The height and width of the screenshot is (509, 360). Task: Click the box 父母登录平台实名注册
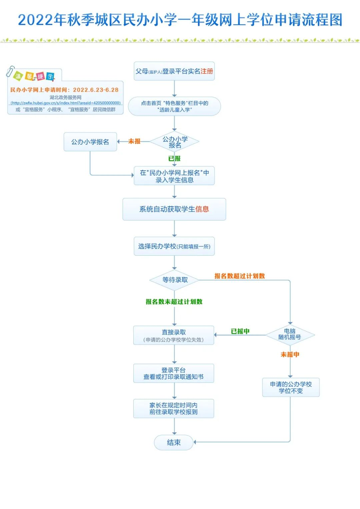(x=174, y=71)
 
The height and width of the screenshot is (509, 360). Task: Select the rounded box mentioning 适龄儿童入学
(x=174, y=106)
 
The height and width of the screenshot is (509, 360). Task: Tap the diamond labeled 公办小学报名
(x=175, y=142)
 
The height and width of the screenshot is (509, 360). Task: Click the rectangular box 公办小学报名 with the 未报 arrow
(x=90, y=142)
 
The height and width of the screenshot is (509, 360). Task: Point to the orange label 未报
(x=134, y=141)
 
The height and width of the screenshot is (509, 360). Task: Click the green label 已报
(x=174, y=159)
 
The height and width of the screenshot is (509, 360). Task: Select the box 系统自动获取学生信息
(x=174, y=209)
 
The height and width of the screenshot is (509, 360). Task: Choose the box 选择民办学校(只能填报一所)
(x=174, y=246)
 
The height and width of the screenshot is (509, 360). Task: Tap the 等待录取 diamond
(x=175, y=280)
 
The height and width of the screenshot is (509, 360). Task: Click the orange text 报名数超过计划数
(x=239, y=276)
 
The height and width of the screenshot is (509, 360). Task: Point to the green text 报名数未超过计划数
(x=174, y=302)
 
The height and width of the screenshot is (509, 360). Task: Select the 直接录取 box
(x=174, y=335)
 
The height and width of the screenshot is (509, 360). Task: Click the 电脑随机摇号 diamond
(x=290, y=334)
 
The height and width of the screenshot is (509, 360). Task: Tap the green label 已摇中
(x=240, y=331)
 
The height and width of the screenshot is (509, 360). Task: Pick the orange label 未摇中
(x=290, y=355)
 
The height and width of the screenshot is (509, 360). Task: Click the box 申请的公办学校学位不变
(x=291, y=387)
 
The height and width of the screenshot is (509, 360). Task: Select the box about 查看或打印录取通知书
(x=174, y=373)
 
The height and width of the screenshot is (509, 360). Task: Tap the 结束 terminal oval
(x=174, y=443)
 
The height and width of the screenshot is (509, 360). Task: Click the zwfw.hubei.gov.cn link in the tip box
(x=65, y=103)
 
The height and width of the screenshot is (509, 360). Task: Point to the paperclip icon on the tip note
(x=11, y=71)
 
